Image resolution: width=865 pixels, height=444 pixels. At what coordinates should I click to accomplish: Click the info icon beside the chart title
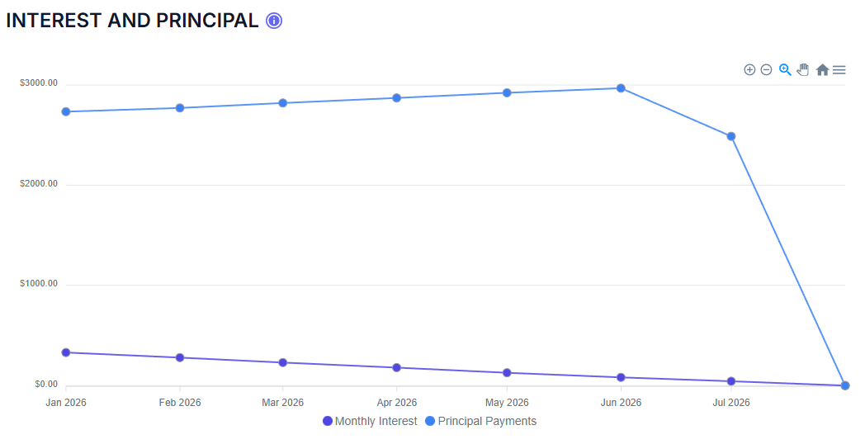[274, 21]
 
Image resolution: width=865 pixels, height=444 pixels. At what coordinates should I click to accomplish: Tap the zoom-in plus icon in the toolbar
[749, 70]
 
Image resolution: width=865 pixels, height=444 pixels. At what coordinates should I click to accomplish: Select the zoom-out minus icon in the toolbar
[766, 70]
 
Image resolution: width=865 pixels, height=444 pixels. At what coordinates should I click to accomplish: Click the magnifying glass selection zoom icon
[785, 70]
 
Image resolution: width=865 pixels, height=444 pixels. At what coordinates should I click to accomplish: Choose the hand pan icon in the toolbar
[803, 70]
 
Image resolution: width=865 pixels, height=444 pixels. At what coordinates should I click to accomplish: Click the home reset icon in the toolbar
[822, 70]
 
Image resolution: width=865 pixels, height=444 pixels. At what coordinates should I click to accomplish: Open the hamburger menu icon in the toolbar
[839, 70]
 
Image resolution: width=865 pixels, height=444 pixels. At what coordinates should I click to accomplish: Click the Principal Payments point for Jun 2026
[621, 88]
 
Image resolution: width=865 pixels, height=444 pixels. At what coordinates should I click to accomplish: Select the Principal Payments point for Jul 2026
[731, 136]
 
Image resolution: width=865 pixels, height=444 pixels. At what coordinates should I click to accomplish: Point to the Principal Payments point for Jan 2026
[66, 111]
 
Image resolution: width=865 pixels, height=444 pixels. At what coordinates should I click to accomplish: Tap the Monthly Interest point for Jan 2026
[66, 352]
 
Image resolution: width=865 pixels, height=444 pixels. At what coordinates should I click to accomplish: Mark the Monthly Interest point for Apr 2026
[397, 367]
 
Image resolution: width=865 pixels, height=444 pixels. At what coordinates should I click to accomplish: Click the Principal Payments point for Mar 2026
[283, 103]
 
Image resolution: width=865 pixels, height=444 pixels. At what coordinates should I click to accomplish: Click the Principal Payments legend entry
[480, 421]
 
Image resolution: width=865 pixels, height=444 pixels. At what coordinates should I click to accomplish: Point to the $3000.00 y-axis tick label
[39, 83]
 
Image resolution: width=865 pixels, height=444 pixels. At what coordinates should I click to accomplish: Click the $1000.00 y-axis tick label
[39, 284]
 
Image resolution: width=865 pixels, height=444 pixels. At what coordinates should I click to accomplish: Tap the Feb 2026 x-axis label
[180, 403]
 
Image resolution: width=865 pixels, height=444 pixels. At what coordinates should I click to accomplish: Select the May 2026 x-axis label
[507, 403]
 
